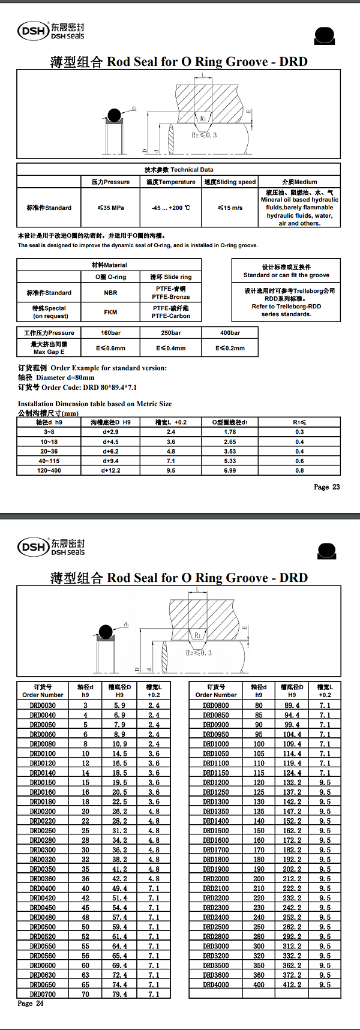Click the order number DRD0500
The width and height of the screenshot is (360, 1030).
point(43,927)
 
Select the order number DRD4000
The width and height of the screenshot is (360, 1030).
point(215,984)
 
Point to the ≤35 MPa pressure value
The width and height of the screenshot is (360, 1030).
point(110,208)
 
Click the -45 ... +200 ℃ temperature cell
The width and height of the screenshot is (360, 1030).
point(170,208)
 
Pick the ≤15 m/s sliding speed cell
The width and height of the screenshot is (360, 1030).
point(230,208)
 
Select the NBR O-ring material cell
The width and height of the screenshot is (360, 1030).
point(110,293)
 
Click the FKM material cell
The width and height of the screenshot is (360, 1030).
point(110,312)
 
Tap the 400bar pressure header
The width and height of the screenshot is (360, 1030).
point(230,332)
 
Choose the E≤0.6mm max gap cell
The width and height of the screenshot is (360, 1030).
point(110,348)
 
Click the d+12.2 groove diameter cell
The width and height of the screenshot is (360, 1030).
point(111,470)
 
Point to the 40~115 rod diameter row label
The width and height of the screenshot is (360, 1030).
point(49,461)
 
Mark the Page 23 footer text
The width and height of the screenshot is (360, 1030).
point(326,487)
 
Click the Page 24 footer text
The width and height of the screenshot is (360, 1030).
point(31,1003)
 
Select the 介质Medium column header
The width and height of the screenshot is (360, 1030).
point(299,182)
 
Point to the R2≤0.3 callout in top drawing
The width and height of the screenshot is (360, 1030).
point(204,135)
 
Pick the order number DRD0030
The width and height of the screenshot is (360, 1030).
point(43,705)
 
